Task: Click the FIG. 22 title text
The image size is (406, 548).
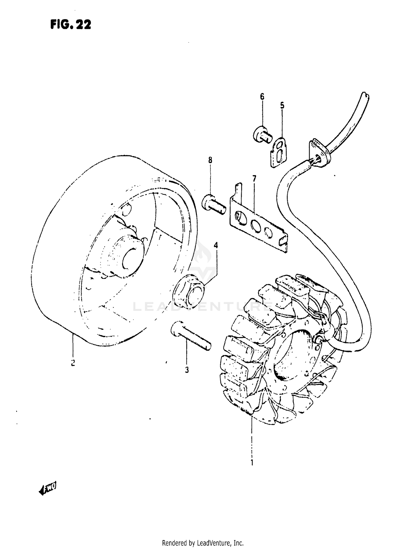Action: tap(71, 25)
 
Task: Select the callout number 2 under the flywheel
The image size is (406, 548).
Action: tap(73, 363)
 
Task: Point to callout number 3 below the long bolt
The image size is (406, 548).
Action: tap(187, 370)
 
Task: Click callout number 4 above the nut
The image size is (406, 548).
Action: tap(216, 245)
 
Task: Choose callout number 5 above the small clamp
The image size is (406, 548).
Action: tap(282, 105)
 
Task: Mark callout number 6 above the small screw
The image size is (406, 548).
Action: tap(262, 97)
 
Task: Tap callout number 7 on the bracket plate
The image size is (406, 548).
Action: tap(254, 179)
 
